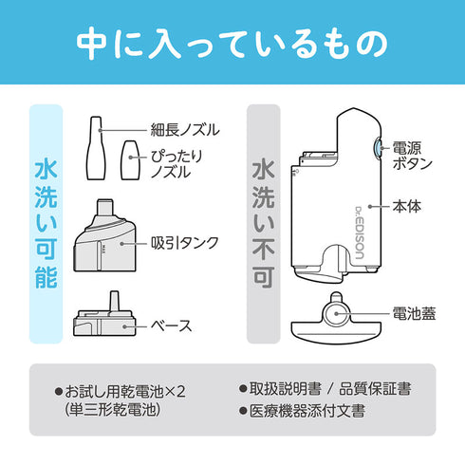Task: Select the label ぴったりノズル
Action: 177,162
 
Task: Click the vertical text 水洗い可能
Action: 46,224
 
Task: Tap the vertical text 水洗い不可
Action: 263,224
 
